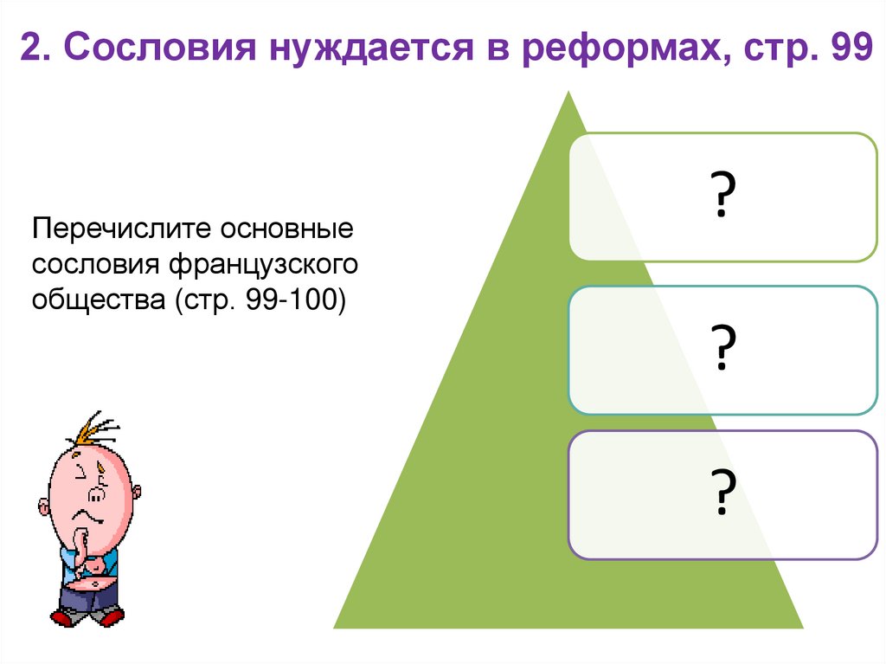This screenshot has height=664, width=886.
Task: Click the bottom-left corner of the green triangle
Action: pyautogui.click(x=336, y=627)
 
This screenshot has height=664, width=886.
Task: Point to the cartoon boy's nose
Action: pyautogui.click(x=98, y=494)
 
